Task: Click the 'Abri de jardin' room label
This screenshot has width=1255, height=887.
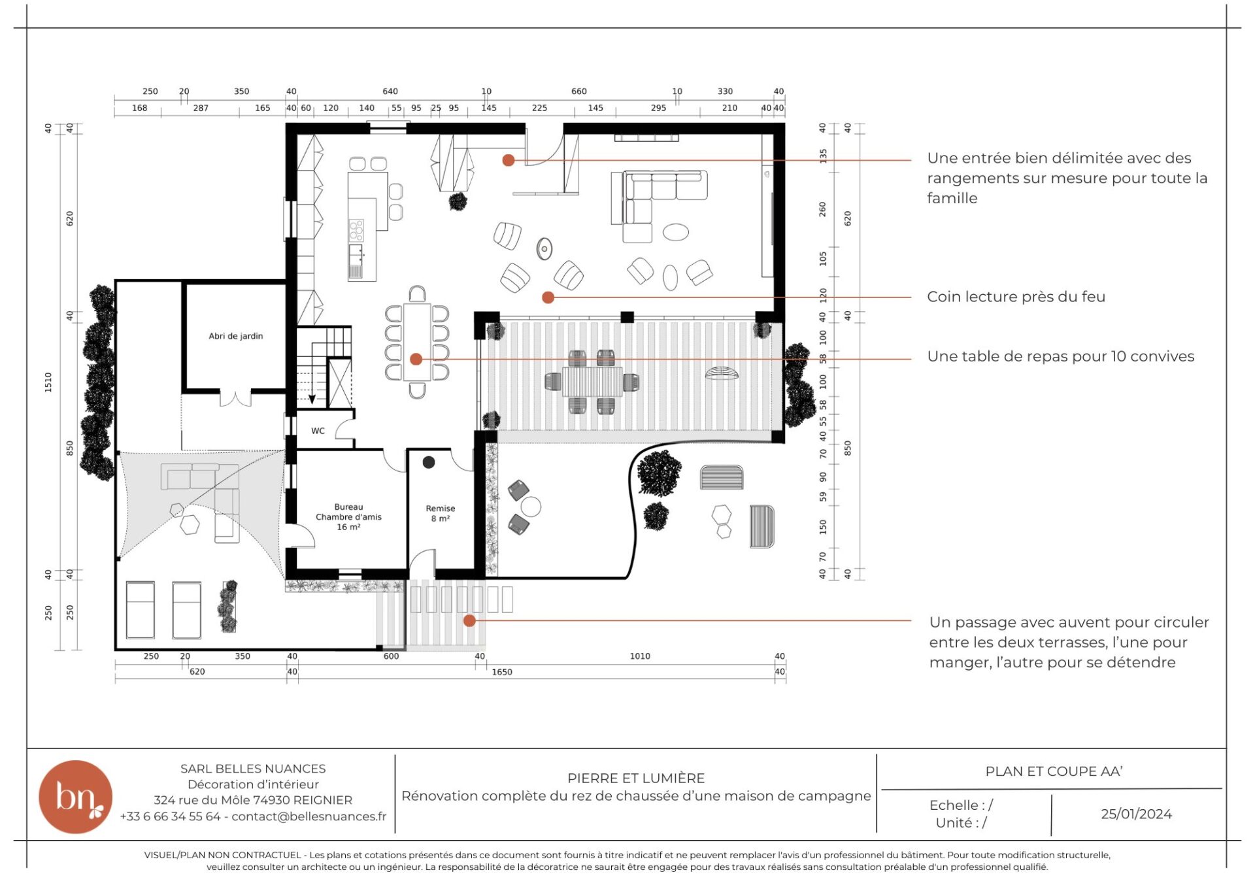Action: point(236,336)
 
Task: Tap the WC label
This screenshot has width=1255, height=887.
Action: point(318,431)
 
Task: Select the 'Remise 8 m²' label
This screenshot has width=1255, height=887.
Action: point(441,513)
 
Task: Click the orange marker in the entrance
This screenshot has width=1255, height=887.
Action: point(509,160)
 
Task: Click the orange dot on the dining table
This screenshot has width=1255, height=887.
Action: point(416,359)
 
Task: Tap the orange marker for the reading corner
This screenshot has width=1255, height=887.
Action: point(548,297)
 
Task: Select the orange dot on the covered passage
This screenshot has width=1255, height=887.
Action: point(469,620)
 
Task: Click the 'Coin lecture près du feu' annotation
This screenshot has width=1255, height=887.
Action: point(1016,297)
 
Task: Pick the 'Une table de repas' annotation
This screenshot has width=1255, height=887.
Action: point(1060,356)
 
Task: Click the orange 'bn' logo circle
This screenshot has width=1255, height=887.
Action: point(75,797)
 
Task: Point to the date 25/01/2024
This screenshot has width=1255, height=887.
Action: point(1136,814)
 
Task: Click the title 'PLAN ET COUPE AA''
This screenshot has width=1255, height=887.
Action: point(1054,771)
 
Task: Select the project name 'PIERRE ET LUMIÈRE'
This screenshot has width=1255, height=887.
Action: point(636,778)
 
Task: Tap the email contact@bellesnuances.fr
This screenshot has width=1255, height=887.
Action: point(309,816)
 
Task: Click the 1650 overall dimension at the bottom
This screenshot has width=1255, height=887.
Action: point(502,672)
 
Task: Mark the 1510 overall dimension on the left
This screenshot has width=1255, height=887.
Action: point(48,382)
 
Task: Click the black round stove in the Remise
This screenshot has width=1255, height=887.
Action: point(429,462)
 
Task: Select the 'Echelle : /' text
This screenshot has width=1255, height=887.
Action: point(961,805)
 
